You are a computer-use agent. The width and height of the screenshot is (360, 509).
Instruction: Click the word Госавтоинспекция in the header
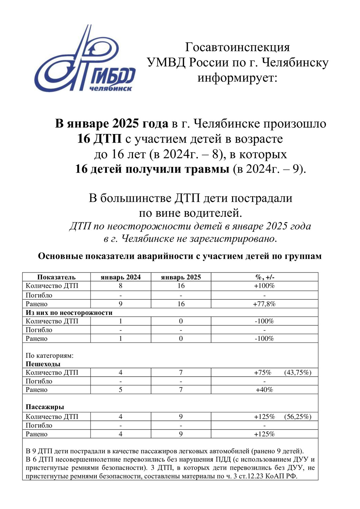tap(238, 47)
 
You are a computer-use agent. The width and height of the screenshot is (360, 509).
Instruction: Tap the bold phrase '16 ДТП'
tap(99, 139)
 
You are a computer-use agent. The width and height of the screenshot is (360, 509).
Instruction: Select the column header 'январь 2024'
tap(120, 277)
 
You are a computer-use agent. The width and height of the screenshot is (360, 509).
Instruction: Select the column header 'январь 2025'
tap(181, 277)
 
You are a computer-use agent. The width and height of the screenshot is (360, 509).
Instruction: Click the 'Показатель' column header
tap(56, 277)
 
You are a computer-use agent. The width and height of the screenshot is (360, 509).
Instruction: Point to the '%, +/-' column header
tap(264, 277)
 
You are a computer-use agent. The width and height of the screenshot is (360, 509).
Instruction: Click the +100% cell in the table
tap(264, 286)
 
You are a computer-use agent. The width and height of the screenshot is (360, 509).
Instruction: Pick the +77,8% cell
tap(264, 304)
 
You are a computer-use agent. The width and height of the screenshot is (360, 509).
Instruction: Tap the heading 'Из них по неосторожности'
tap(69, 313)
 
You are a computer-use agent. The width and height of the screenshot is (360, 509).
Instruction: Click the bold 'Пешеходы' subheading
tap(43, 364)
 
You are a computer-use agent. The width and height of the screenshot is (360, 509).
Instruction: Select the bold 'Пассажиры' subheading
tap(45, 407)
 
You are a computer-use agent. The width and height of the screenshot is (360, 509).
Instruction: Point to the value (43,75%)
tap(298, 373)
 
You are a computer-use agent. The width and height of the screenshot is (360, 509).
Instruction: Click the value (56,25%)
tap(298, 417)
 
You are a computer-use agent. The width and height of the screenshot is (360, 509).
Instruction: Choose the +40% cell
tap(264, 390)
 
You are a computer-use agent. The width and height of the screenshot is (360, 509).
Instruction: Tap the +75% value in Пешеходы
tap(263, 373)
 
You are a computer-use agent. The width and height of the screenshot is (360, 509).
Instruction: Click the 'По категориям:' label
tap(50, 356)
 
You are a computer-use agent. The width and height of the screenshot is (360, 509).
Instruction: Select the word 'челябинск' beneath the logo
tap(110, 88)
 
